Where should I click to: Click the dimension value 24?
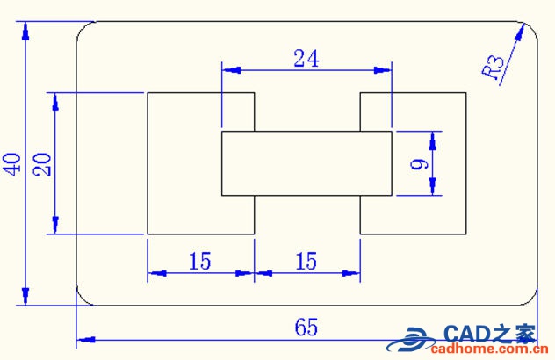coord(306,58)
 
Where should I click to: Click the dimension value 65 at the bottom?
coord(306,328)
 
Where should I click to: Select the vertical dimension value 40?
coord(12,163)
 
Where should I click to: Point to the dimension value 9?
coord(419,163)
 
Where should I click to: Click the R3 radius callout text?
coord(494,68)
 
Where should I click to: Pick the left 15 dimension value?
coord(200,261)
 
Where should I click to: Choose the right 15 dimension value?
coord(306,261)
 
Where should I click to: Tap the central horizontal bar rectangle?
coord(306,163)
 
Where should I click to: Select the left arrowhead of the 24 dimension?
coord(227,69)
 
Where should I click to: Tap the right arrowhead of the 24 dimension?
coord(385,69)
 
